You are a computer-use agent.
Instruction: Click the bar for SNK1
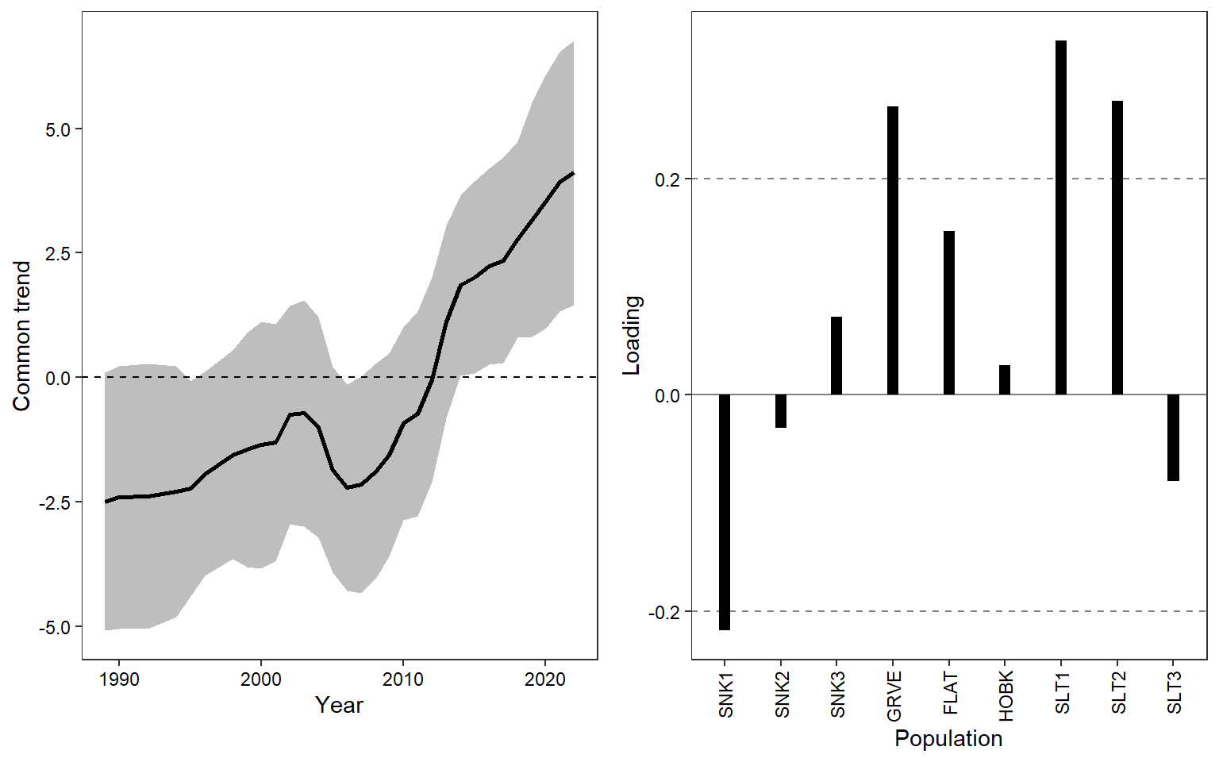point(725,512)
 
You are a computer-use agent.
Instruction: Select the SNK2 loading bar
point(781,411)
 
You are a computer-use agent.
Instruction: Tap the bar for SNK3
point(836,356)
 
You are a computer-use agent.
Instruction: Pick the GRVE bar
point(893,250)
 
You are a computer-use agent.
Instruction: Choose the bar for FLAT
point(949,313)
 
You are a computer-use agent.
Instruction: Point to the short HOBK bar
point(1005,380)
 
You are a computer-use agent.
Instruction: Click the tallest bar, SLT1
point(1061,217)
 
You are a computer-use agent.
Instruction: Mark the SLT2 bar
point(1117,248)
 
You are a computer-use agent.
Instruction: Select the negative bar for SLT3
point(1173,437)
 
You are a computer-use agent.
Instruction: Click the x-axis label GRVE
point(894,696)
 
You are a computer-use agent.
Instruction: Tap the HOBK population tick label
point(1006,696)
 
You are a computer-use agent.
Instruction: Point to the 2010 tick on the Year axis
point(403,679)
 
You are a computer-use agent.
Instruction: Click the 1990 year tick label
point(119,679)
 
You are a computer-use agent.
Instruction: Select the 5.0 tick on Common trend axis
point(58,129)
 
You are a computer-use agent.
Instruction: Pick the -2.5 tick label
point(56,502)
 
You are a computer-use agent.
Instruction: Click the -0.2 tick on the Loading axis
point(664,612)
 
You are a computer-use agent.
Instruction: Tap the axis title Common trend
point(21,336)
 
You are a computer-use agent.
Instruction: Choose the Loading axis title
point(632,335)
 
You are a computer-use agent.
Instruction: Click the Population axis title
point(948,738)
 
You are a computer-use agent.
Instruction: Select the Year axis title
point(339,705)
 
